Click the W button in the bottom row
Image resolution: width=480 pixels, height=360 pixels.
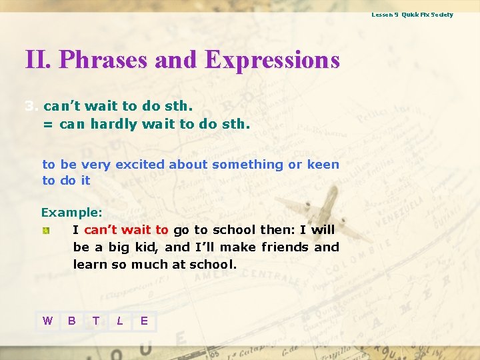pyautogui.click(x=47, y=321)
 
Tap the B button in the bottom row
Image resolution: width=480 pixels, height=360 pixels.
pyautogui.click(x=71, y=321)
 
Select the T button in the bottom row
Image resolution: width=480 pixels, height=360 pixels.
pyautogui.click(x=96, y=321)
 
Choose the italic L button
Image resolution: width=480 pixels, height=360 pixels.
pyautogui.click(x=120, y=321)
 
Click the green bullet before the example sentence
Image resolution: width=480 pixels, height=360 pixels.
pyautogui.click(x=45, y=230)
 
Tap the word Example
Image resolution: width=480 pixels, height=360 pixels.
pyautogui.click(x=70, y=213)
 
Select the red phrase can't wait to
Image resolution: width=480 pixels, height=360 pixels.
pyautogui.click(x=126, y=230)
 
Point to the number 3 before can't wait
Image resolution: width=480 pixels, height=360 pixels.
pyautogui.click(x=29, y=106)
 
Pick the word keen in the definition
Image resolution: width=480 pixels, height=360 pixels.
pyautogui.click(x=323, y=165)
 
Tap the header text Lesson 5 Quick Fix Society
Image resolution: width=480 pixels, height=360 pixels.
pyautogui.click(x=412, y=14)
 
